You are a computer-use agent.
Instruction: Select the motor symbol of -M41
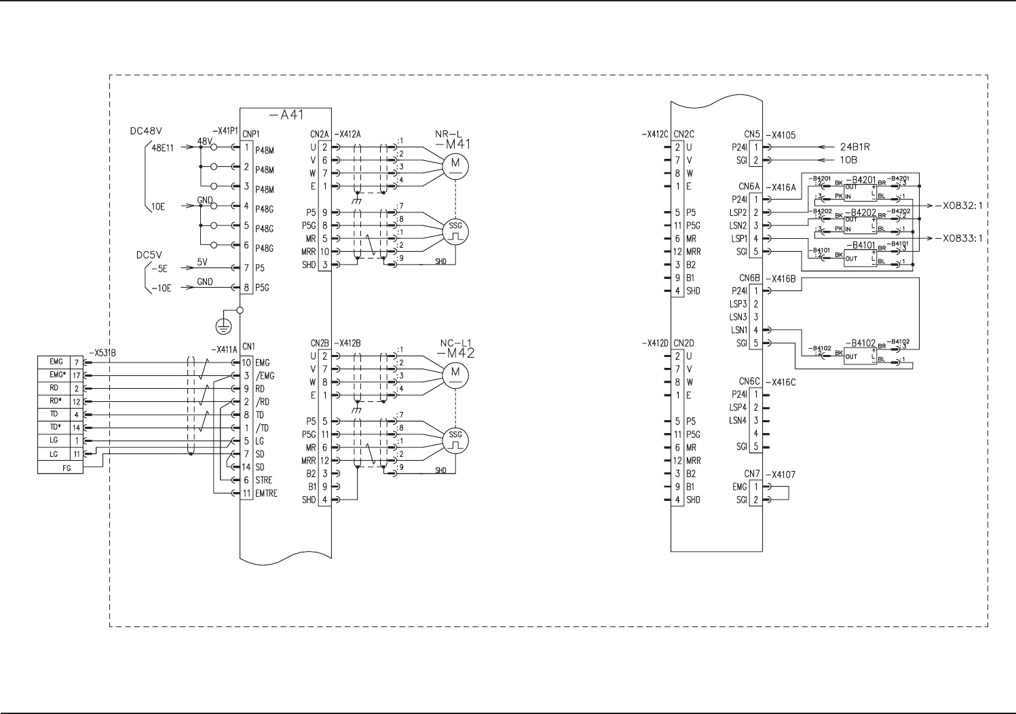[455, 164]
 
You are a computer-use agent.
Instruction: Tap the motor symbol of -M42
[455, 373]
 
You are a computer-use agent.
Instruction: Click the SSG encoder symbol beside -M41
[455, 231]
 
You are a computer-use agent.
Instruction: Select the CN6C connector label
[749, 382]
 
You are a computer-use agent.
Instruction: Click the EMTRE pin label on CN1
[266, 493]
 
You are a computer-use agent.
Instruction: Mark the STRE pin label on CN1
[263, 480]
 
